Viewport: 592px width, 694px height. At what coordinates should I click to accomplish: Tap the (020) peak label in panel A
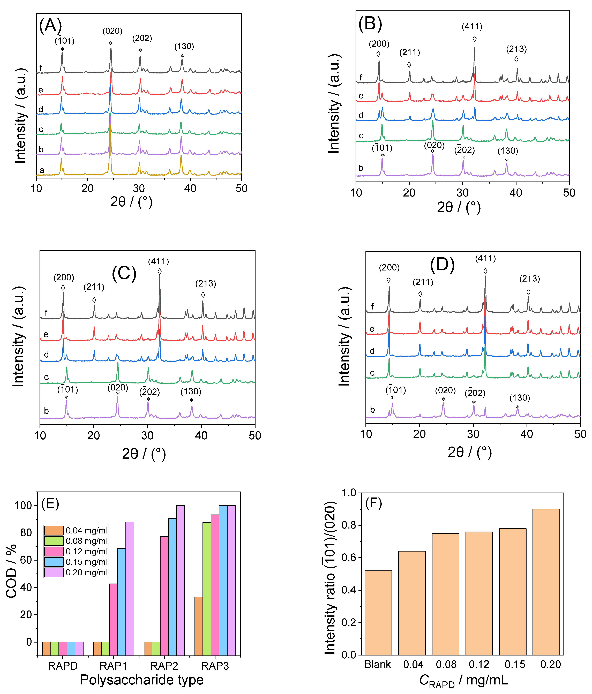click(x=112, y=31)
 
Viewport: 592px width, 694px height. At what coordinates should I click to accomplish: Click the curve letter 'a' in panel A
click(x=42, y=170)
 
